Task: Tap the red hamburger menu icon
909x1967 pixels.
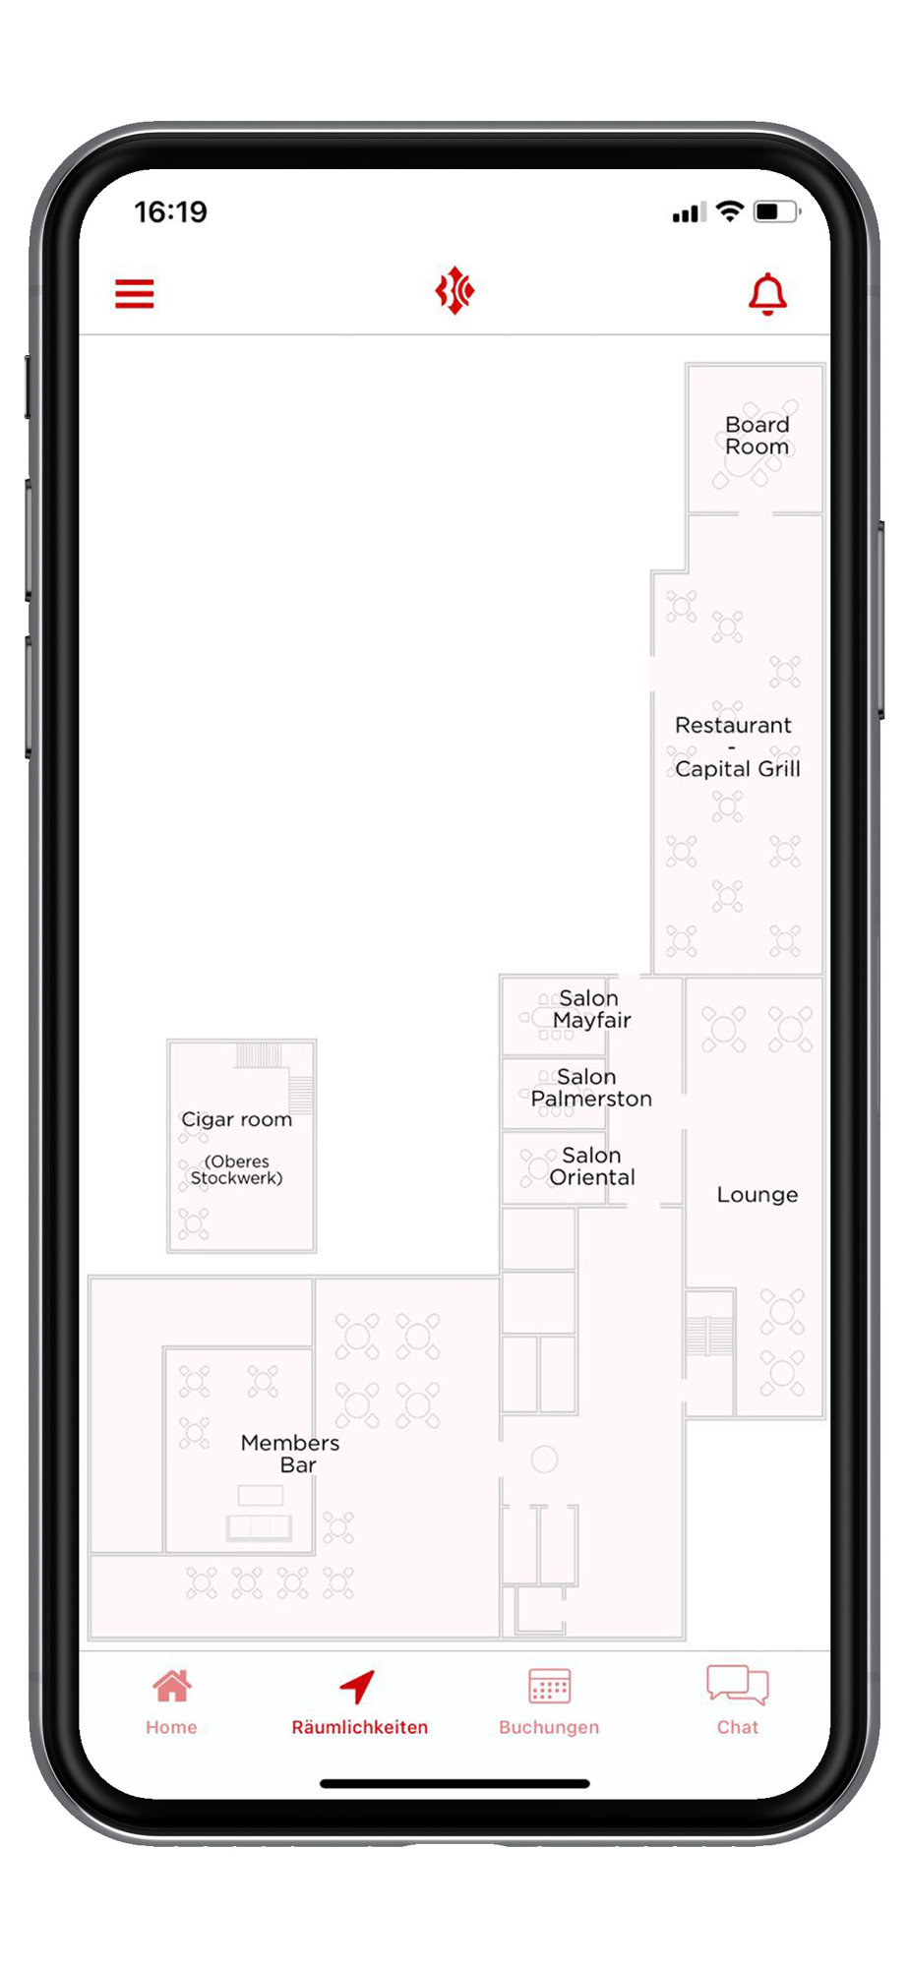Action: coord(135,293)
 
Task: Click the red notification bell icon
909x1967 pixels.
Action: coord(767,294)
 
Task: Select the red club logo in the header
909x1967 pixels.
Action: coord(454,291)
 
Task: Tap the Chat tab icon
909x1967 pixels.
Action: coord(738,1685)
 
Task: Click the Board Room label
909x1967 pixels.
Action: coord(757,436)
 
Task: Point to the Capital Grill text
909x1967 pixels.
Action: coord(738,769)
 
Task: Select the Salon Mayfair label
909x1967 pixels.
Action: coord(591,1009)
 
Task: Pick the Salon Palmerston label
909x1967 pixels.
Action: coord(591,1088)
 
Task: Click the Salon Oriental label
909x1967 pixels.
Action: coord(592,1166)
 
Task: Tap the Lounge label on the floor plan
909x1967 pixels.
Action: coord(757,1195)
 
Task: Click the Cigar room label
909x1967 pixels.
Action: coord(237,1120)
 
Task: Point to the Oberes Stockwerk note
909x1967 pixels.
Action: coord(237,1169)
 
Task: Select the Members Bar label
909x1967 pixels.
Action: coord(290,1454)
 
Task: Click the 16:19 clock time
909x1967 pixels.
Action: coord(171,211)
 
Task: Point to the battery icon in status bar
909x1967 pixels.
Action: coord(777,211)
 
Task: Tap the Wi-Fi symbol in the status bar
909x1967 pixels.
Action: coord(730,210)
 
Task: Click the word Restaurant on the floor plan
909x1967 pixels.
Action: coord(733,726)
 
